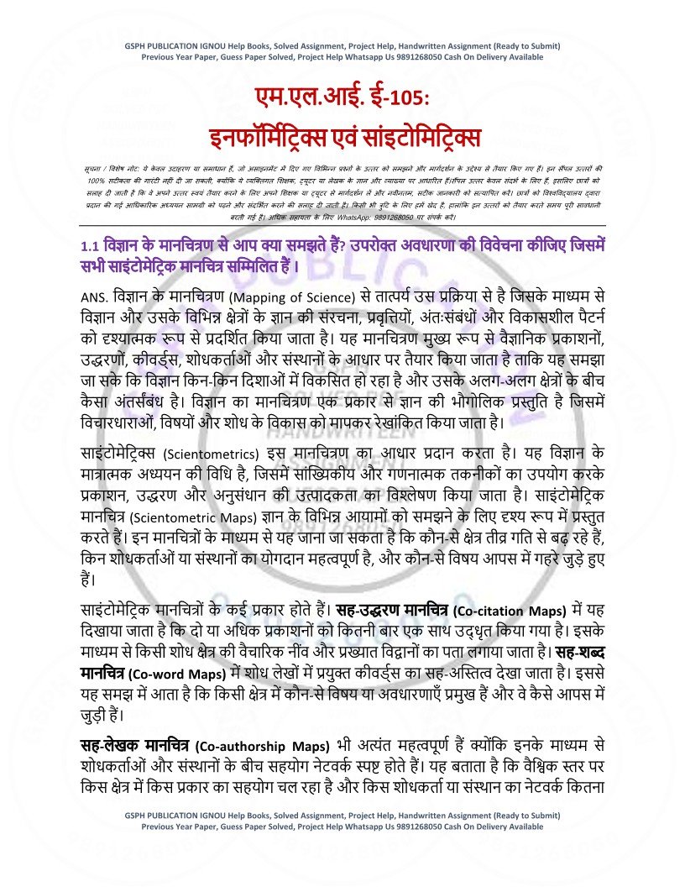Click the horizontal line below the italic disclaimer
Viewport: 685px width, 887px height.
pyautogui.click(x=342, y=225)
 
